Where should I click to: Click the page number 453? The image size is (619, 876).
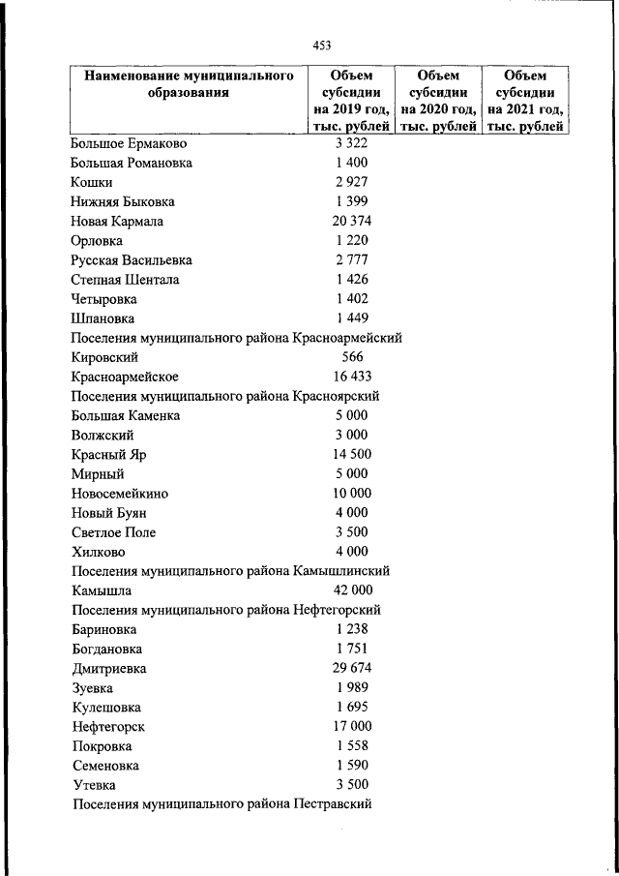(x=322, y=45)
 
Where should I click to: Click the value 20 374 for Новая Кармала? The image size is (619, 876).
(x=351, y=222)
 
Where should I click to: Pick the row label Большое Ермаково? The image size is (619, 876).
(x=129, y=143)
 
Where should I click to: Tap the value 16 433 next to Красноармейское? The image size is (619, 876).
(x=351, y=377)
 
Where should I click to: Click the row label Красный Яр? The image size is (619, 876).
(x=108, y=455)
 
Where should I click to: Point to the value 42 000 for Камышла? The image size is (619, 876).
(x=351, y=590)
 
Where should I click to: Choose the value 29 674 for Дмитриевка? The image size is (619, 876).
(x=351, y=668)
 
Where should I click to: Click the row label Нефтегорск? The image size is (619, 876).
(x=107, y=727)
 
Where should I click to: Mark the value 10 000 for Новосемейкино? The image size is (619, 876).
(x=351, y=494)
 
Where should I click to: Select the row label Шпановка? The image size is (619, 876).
(x=103, y=318)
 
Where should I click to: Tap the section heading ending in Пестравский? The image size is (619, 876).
(x=221, y=804)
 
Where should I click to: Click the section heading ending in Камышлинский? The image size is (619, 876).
(x=230, y=571)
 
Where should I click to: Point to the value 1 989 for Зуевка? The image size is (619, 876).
(x=351, y=687)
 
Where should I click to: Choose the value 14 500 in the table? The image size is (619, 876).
(x=351, y=455)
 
